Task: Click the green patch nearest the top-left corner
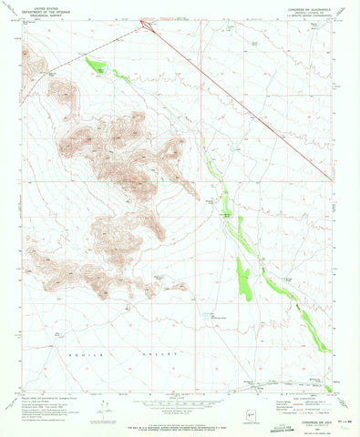point(94,65)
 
